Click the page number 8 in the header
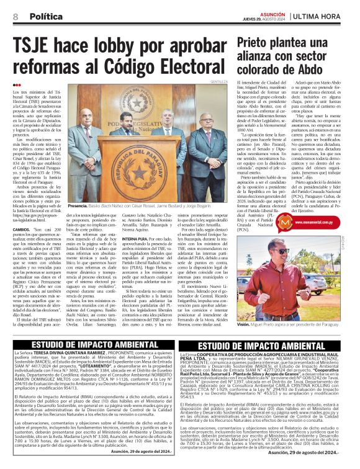pyautogui.click(x=15, y=16)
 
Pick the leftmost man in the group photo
pyautogui.click(x=82, y=155)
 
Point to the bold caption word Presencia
pyautogui.click(x=78, y=205)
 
